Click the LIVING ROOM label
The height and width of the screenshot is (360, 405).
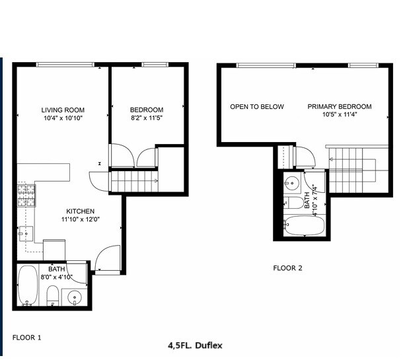click(63, 110)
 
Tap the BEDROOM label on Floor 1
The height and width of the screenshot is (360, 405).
click(146, 110)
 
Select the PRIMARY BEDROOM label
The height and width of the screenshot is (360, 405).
click(339, 106)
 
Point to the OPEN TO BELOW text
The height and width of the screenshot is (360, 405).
click(256, 106)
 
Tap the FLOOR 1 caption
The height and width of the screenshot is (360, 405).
click(27, 338)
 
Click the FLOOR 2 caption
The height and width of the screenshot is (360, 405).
click(287, 268)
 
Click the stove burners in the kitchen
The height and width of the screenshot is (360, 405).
click(26, 194)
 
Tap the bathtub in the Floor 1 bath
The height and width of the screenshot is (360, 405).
click(28, 285)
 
